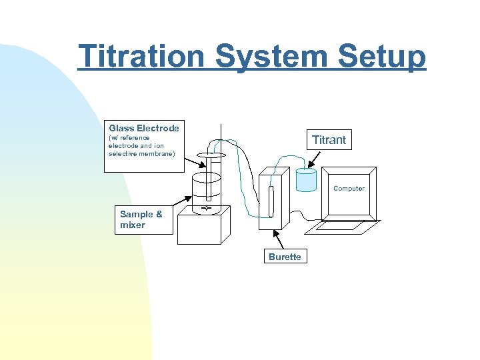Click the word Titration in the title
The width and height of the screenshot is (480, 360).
[142, 56]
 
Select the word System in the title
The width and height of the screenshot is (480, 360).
[272, 56]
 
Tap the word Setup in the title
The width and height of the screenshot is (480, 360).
[382, 56]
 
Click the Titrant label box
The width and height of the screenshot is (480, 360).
[329, 139]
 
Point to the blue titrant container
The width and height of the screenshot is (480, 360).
[306, 180]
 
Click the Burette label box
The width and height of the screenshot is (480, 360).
[285, 257]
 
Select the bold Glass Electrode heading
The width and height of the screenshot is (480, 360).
[143, 128]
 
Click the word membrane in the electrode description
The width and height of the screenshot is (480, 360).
[157, 154]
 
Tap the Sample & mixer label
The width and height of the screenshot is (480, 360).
[141, 219]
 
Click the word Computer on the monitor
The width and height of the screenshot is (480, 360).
[349, 189]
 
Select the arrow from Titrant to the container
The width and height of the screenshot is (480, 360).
[311, 160]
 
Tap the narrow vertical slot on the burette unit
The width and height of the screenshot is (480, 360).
[271, 201]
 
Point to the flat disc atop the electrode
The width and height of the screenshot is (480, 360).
[212, 155]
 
